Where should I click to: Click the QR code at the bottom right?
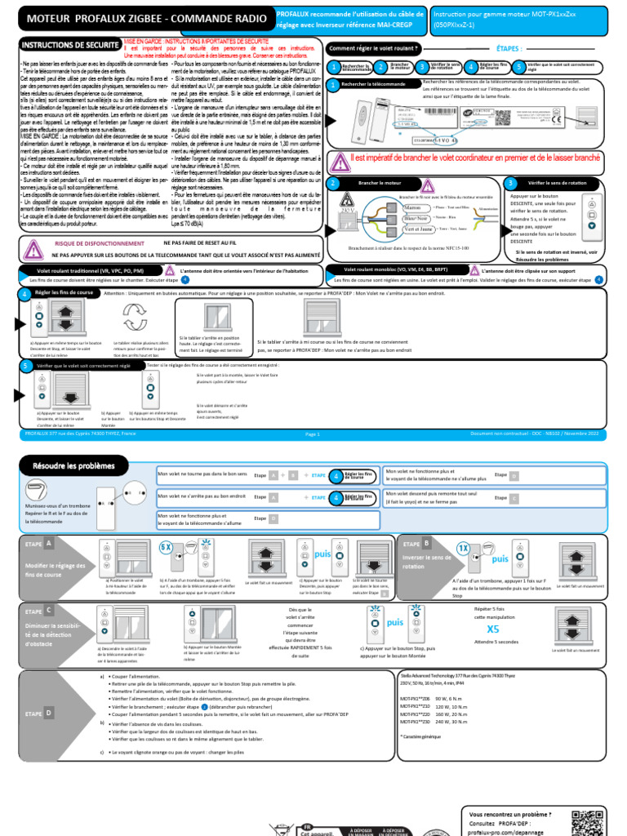[589, 821]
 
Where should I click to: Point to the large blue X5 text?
[492, 629]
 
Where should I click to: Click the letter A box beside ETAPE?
[49, 543]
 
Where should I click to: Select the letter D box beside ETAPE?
[49, 713]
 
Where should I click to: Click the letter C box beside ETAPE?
[49, 610]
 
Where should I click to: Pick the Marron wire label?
[417, 208]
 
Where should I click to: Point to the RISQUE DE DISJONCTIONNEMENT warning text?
[93, 243]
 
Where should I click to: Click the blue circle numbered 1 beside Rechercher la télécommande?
[332, 84]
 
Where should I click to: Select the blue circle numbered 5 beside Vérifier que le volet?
[26, 367]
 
